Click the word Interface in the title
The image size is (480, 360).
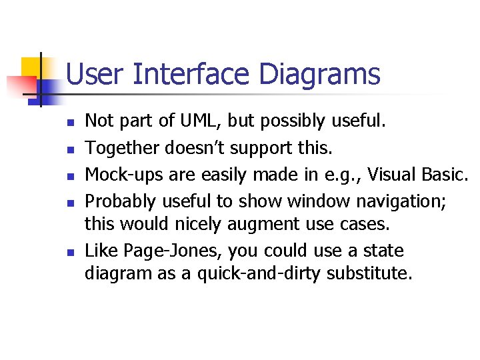pos(193,74)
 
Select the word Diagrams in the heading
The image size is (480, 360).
pos(319,74)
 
